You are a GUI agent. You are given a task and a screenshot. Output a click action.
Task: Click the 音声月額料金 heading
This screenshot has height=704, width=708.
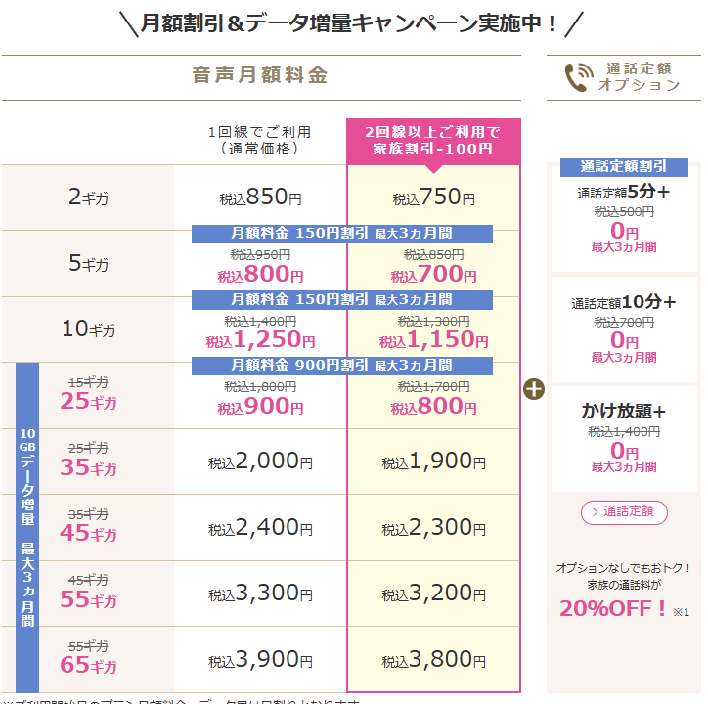pyautogui.click(x=259, y=75)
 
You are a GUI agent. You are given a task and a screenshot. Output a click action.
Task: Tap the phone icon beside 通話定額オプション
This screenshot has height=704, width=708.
pyautogui.click(x=578, y=77)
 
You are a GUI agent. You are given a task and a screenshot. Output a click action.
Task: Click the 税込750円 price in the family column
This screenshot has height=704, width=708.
pyautogui.click(x=433, y=198)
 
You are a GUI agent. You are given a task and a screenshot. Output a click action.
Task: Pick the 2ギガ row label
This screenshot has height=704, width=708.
pyautogui.click(x=88, y=198)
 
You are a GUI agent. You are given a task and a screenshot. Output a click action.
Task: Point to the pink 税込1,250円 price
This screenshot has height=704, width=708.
pyautogui.click(x=260, y=340)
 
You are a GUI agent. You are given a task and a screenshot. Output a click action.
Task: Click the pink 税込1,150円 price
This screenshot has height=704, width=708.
pyautogui.click(x=433, y=340)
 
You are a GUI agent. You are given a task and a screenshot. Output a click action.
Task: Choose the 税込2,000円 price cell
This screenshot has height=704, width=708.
pyautogui.click(x=260, y=462)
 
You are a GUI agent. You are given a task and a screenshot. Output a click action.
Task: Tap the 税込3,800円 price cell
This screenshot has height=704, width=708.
pyautogui.click(x=433, y=660)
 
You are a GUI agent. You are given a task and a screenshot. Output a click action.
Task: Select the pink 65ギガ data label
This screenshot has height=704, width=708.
pyautogui.click(x=88, y=666)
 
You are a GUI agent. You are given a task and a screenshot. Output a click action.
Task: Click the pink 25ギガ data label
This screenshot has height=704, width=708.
pyautogui.click(x=88, y=402)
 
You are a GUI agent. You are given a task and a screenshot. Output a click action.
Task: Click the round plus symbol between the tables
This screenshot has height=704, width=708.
pyautogui.click(x=534, y=388)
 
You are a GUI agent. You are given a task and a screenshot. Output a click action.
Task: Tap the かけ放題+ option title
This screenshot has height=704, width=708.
pyautogui.click(x=623, y=411)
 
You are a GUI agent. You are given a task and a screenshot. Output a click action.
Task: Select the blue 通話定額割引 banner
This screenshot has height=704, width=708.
pyautogui.click(x=624, y=166)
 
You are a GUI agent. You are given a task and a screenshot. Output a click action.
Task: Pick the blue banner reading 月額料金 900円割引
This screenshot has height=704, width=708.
pyautogui.click(x=341, y=366)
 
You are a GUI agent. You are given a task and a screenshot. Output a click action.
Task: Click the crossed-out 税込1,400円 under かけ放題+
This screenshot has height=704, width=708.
pyautogui.click(x=623, y=431)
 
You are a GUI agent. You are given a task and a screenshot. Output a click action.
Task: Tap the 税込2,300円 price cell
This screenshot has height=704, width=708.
pyautogui.click(x=433, y=528)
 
